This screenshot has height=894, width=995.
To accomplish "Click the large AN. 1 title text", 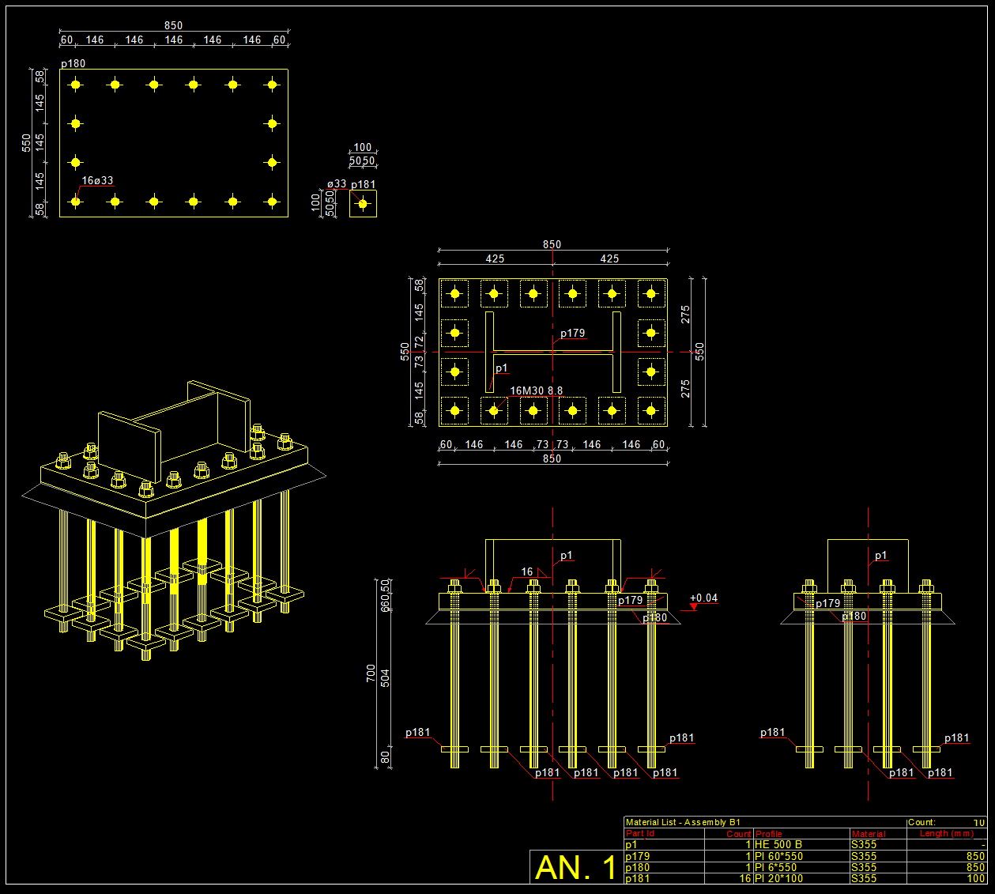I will tap(576, 867).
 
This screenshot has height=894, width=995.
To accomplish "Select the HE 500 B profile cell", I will tap(778, 844).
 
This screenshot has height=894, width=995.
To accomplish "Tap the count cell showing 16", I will tap(744, 878).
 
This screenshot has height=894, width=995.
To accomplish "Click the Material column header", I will tap(868, 833).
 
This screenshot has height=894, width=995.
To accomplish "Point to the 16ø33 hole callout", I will tap(97, 181).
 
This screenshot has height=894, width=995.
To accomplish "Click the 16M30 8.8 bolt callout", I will tap(536, 390).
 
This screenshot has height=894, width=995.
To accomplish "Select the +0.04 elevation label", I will tap(703, 598).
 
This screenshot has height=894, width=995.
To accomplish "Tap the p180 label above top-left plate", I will tap(73, 63).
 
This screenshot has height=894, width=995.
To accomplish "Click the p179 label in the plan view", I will tap(573, 333).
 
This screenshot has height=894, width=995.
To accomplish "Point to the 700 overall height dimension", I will tap(371, 673).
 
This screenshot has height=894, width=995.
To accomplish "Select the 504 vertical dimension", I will tap(386, 677).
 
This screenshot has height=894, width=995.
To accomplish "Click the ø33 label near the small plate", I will tap(337, 183).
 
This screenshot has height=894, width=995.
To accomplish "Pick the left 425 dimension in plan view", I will tap(495, 258).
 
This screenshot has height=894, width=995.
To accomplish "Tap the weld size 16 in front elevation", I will tap(527, 571).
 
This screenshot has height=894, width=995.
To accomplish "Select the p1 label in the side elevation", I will tap(880, 556).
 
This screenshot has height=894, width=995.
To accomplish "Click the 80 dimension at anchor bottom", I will tap(386, 757).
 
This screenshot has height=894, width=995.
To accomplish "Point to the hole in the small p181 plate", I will tap(363, 203).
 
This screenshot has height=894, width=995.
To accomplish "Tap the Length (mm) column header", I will tap(947, 833).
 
